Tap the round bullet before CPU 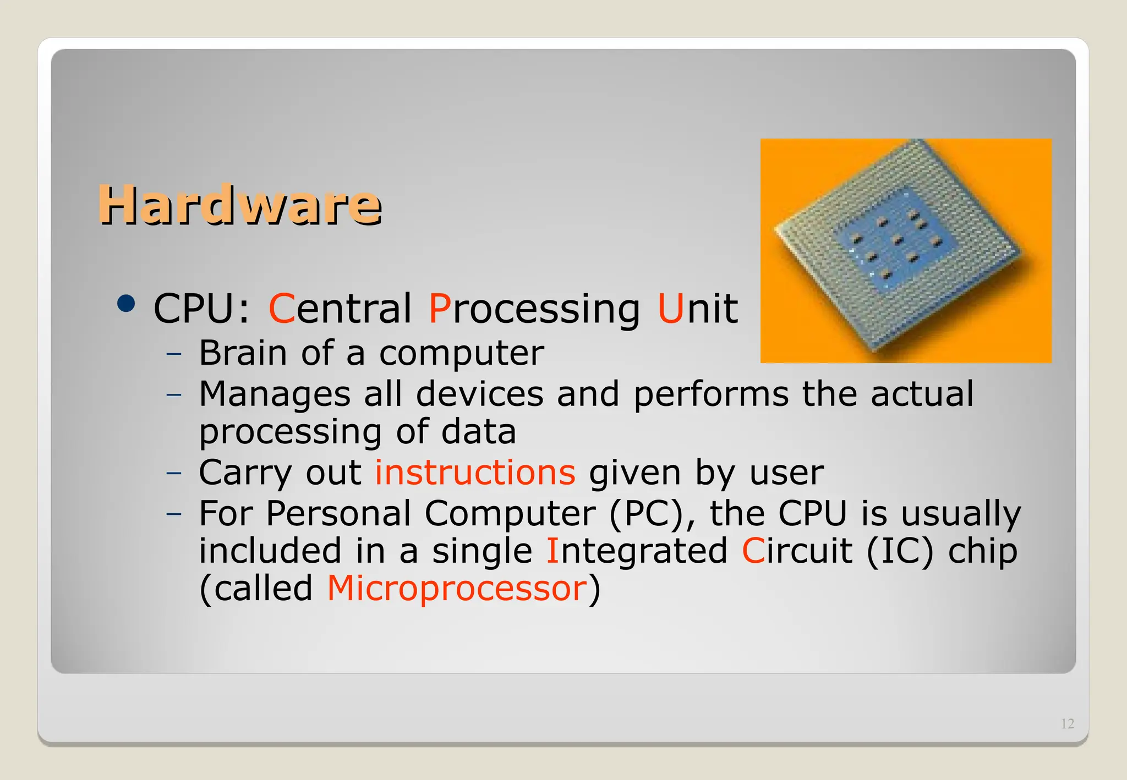(x=126, y=304)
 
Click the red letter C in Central (x=281, y=309)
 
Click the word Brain (x=243, y=353)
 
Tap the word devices (x=479, y=394)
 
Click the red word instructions (x=475, y=473)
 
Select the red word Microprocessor (x=457, y=588)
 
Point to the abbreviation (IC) (x=899, y=551)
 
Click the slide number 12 (x=1067, y=724)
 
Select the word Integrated (x=636, y=552)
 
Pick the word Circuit (x=796, y=551)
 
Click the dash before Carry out (x=174, y=473)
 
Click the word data (x=478, y=432)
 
